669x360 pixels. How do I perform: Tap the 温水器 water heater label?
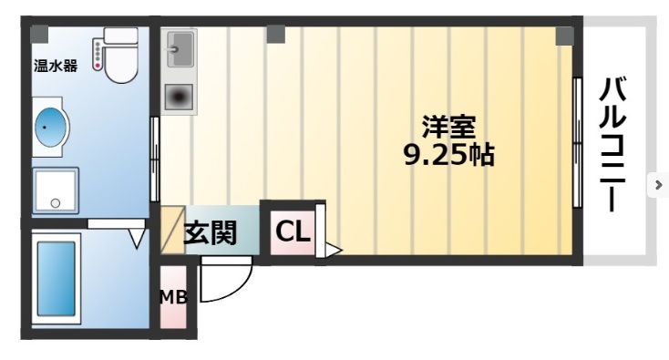point(55,65)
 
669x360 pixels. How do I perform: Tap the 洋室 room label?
point(448,125)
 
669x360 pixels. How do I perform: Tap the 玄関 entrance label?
point(210,233)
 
